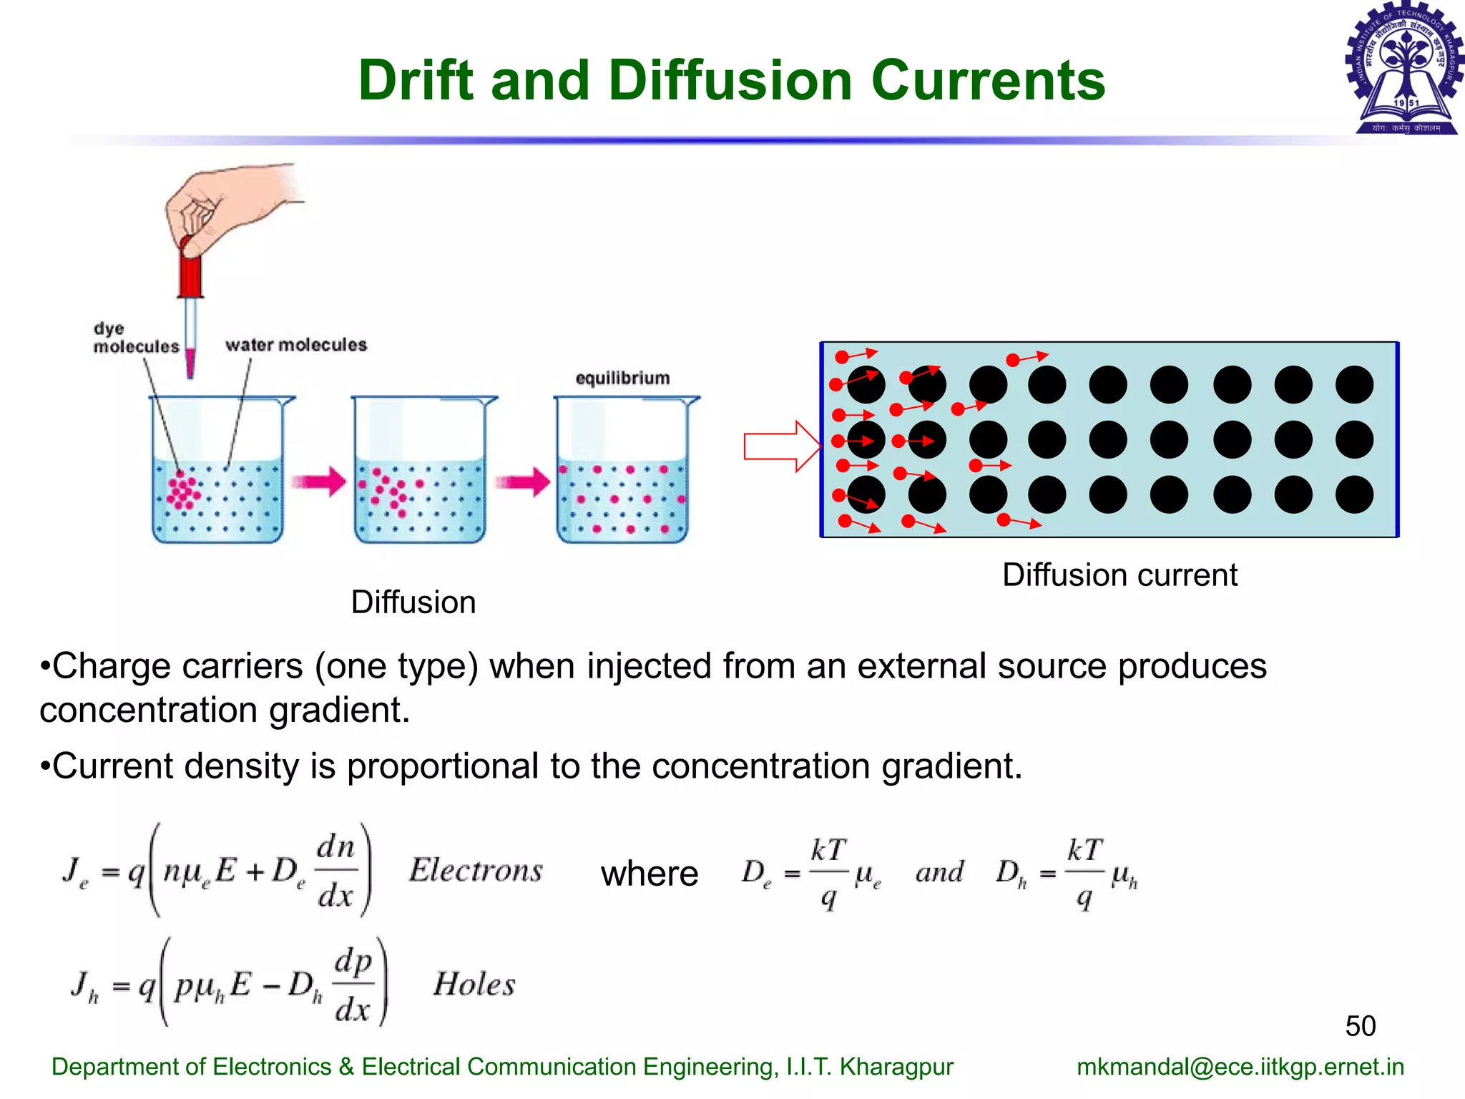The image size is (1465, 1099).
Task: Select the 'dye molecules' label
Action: pyautogui.click(x=135, y=338)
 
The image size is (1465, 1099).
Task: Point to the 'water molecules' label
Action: pyautogui.click(x=295, y=345)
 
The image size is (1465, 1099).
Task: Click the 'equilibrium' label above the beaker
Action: pyautogui.click(x=622, y=378)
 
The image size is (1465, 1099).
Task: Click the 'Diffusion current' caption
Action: pyautogui.click(x=1119, y=575)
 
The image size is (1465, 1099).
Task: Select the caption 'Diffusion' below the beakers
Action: pyautogui.click(x=413, y=602)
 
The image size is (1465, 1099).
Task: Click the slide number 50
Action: pyautogui.click(x=1360, y=1026)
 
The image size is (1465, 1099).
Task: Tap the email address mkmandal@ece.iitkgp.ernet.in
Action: pyautogui.click(x=1240, y=1067)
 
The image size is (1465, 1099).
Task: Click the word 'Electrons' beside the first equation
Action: pyautogui.click(x=476, y=871)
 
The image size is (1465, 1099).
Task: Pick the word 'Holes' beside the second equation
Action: pyautogui.click(x=474, y=985)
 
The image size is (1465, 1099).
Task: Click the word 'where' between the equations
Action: pyautogui.click(x=650, y=874)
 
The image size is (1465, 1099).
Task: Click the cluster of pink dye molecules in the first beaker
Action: pyautogui.click(x=184, y=490)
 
